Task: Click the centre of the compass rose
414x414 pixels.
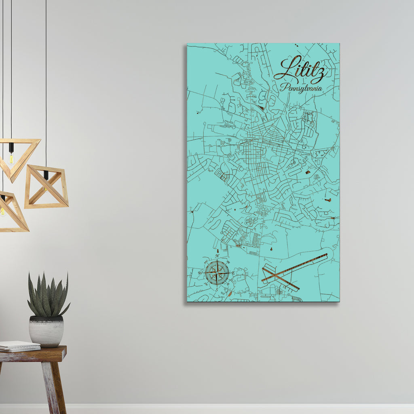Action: tap(217, 272)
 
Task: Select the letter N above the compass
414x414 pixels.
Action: tap(217, 256)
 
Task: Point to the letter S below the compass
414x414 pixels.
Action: tap(216, 289)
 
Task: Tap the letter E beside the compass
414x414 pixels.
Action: tap(234, 273)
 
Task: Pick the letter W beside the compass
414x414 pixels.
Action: tap(200, 273)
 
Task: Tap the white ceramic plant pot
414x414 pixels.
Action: tap(46, 332)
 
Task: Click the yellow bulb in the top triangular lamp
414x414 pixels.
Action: tap(11, 158)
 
